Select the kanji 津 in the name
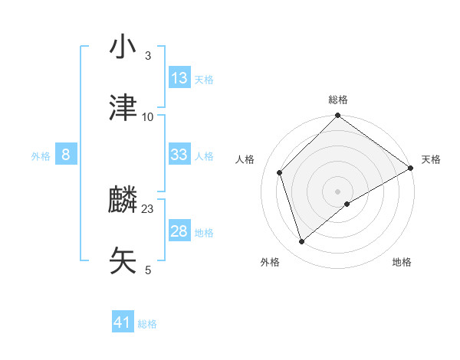123,108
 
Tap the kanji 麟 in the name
123,201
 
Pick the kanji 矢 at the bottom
123,261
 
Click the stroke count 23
148,208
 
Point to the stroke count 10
148,116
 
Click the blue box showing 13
179,77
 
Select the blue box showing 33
179,155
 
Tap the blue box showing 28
179,231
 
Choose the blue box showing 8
66,155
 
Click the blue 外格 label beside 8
41,155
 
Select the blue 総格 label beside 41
147,324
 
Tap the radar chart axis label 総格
338,100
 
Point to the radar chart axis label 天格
432,159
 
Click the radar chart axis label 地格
402,262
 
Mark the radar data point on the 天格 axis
411,168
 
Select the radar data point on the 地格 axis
347,204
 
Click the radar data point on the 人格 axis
280,172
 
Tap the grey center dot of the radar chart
338,191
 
